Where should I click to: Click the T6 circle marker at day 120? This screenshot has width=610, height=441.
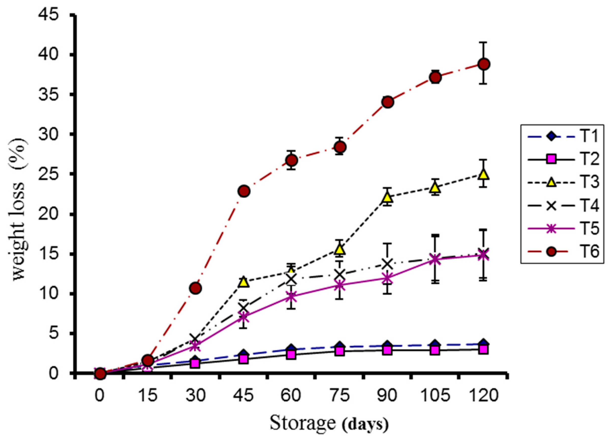tap(484, 64)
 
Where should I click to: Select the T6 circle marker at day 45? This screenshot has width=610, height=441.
tap(244, 191)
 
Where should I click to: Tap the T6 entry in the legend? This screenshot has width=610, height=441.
tap(562, 252)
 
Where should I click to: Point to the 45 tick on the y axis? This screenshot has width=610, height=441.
tap(48, 16)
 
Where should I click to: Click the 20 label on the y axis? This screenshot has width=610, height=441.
tap(48, 214)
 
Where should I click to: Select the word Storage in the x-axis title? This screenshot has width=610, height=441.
tap(303, 423)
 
